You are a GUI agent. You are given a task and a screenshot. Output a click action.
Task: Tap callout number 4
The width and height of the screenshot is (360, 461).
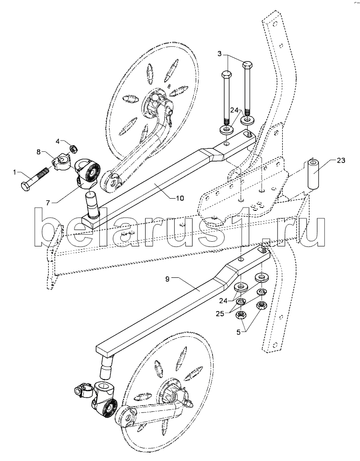(x=58, y=141)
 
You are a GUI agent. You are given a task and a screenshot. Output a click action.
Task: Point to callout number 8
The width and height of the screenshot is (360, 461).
(x=39, y=151)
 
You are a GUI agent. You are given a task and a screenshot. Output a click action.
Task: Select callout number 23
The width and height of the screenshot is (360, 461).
(x=340, y=160)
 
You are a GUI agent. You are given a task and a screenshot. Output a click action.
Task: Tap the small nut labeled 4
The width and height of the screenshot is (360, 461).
(x=73, y=149)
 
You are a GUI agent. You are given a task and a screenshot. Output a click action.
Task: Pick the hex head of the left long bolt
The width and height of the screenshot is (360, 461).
(x=226, y=74)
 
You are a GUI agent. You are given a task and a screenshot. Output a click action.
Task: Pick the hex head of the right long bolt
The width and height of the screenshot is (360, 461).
(x=248, y=64)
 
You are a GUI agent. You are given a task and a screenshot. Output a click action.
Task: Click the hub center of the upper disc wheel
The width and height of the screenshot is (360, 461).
(x=154, y=100)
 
